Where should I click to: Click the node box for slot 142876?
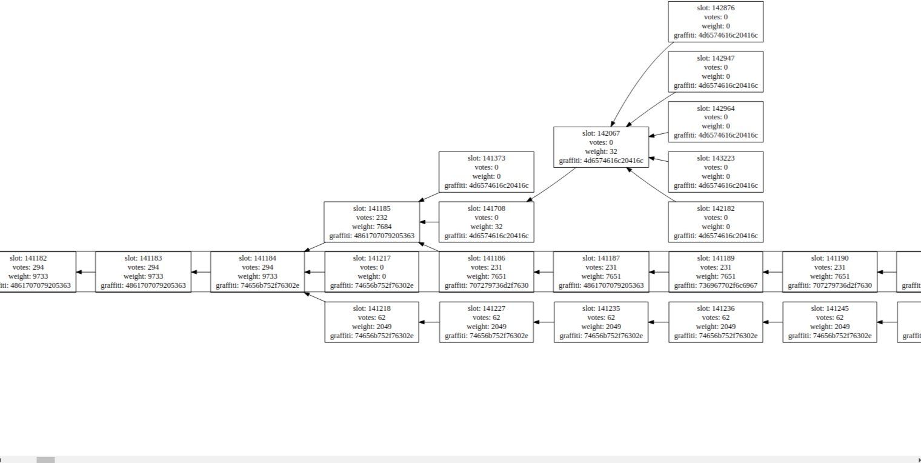click(x=716, y=21)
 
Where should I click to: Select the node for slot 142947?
click(x=716, y=72)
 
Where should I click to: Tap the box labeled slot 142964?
click(x=716, y=122)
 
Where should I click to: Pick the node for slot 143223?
click(x=716, y=172)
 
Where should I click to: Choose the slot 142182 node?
click(x=716, y=222)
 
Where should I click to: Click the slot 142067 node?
click(x=601, y=147)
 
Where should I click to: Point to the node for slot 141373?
click(x=487, y=172)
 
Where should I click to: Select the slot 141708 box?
click(x=487, y=222)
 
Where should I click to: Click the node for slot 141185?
click(x=371, y=222)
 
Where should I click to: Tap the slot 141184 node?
click(x=258, y=271)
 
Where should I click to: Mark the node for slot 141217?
click(x=371, y=271)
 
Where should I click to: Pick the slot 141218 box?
click(x=371, y=322)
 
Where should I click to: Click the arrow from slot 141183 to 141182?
click(x=86, y=272)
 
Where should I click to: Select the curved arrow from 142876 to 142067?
click(x=636, y=79)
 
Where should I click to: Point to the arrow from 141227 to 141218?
click(x=429, y=322)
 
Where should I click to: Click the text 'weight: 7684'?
click(x=371, y=227)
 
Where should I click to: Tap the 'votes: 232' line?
click(x=371, y=218)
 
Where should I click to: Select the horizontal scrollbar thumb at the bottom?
click(x=45, y=460)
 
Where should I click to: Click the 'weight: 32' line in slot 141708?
click(x=487, y=227)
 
